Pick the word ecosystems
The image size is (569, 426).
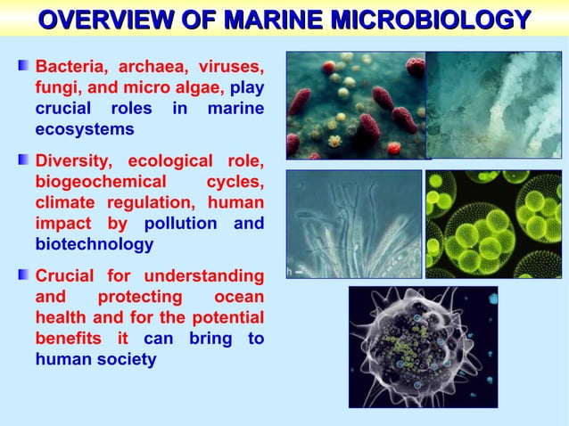pyautogui.click(x=85, y=129)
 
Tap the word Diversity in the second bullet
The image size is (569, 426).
pyautogui.click(x=73, y=162)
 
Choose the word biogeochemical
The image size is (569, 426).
pyautogui.click(x=97, y=183)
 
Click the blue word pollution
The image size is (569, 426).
pyautogui.click(x=180, y=224)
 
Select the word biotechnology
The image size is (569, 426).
pyautogui.click(x=94, y=244)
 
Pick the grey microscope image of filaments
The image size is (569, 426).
pyautogui.click(x=353, y=224)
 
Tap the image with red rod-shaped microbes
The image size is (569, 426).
pyautogui.click(x=355, y=104)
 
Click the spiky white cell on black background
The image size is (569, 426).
pyautogui.click(x=422, y=347)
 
